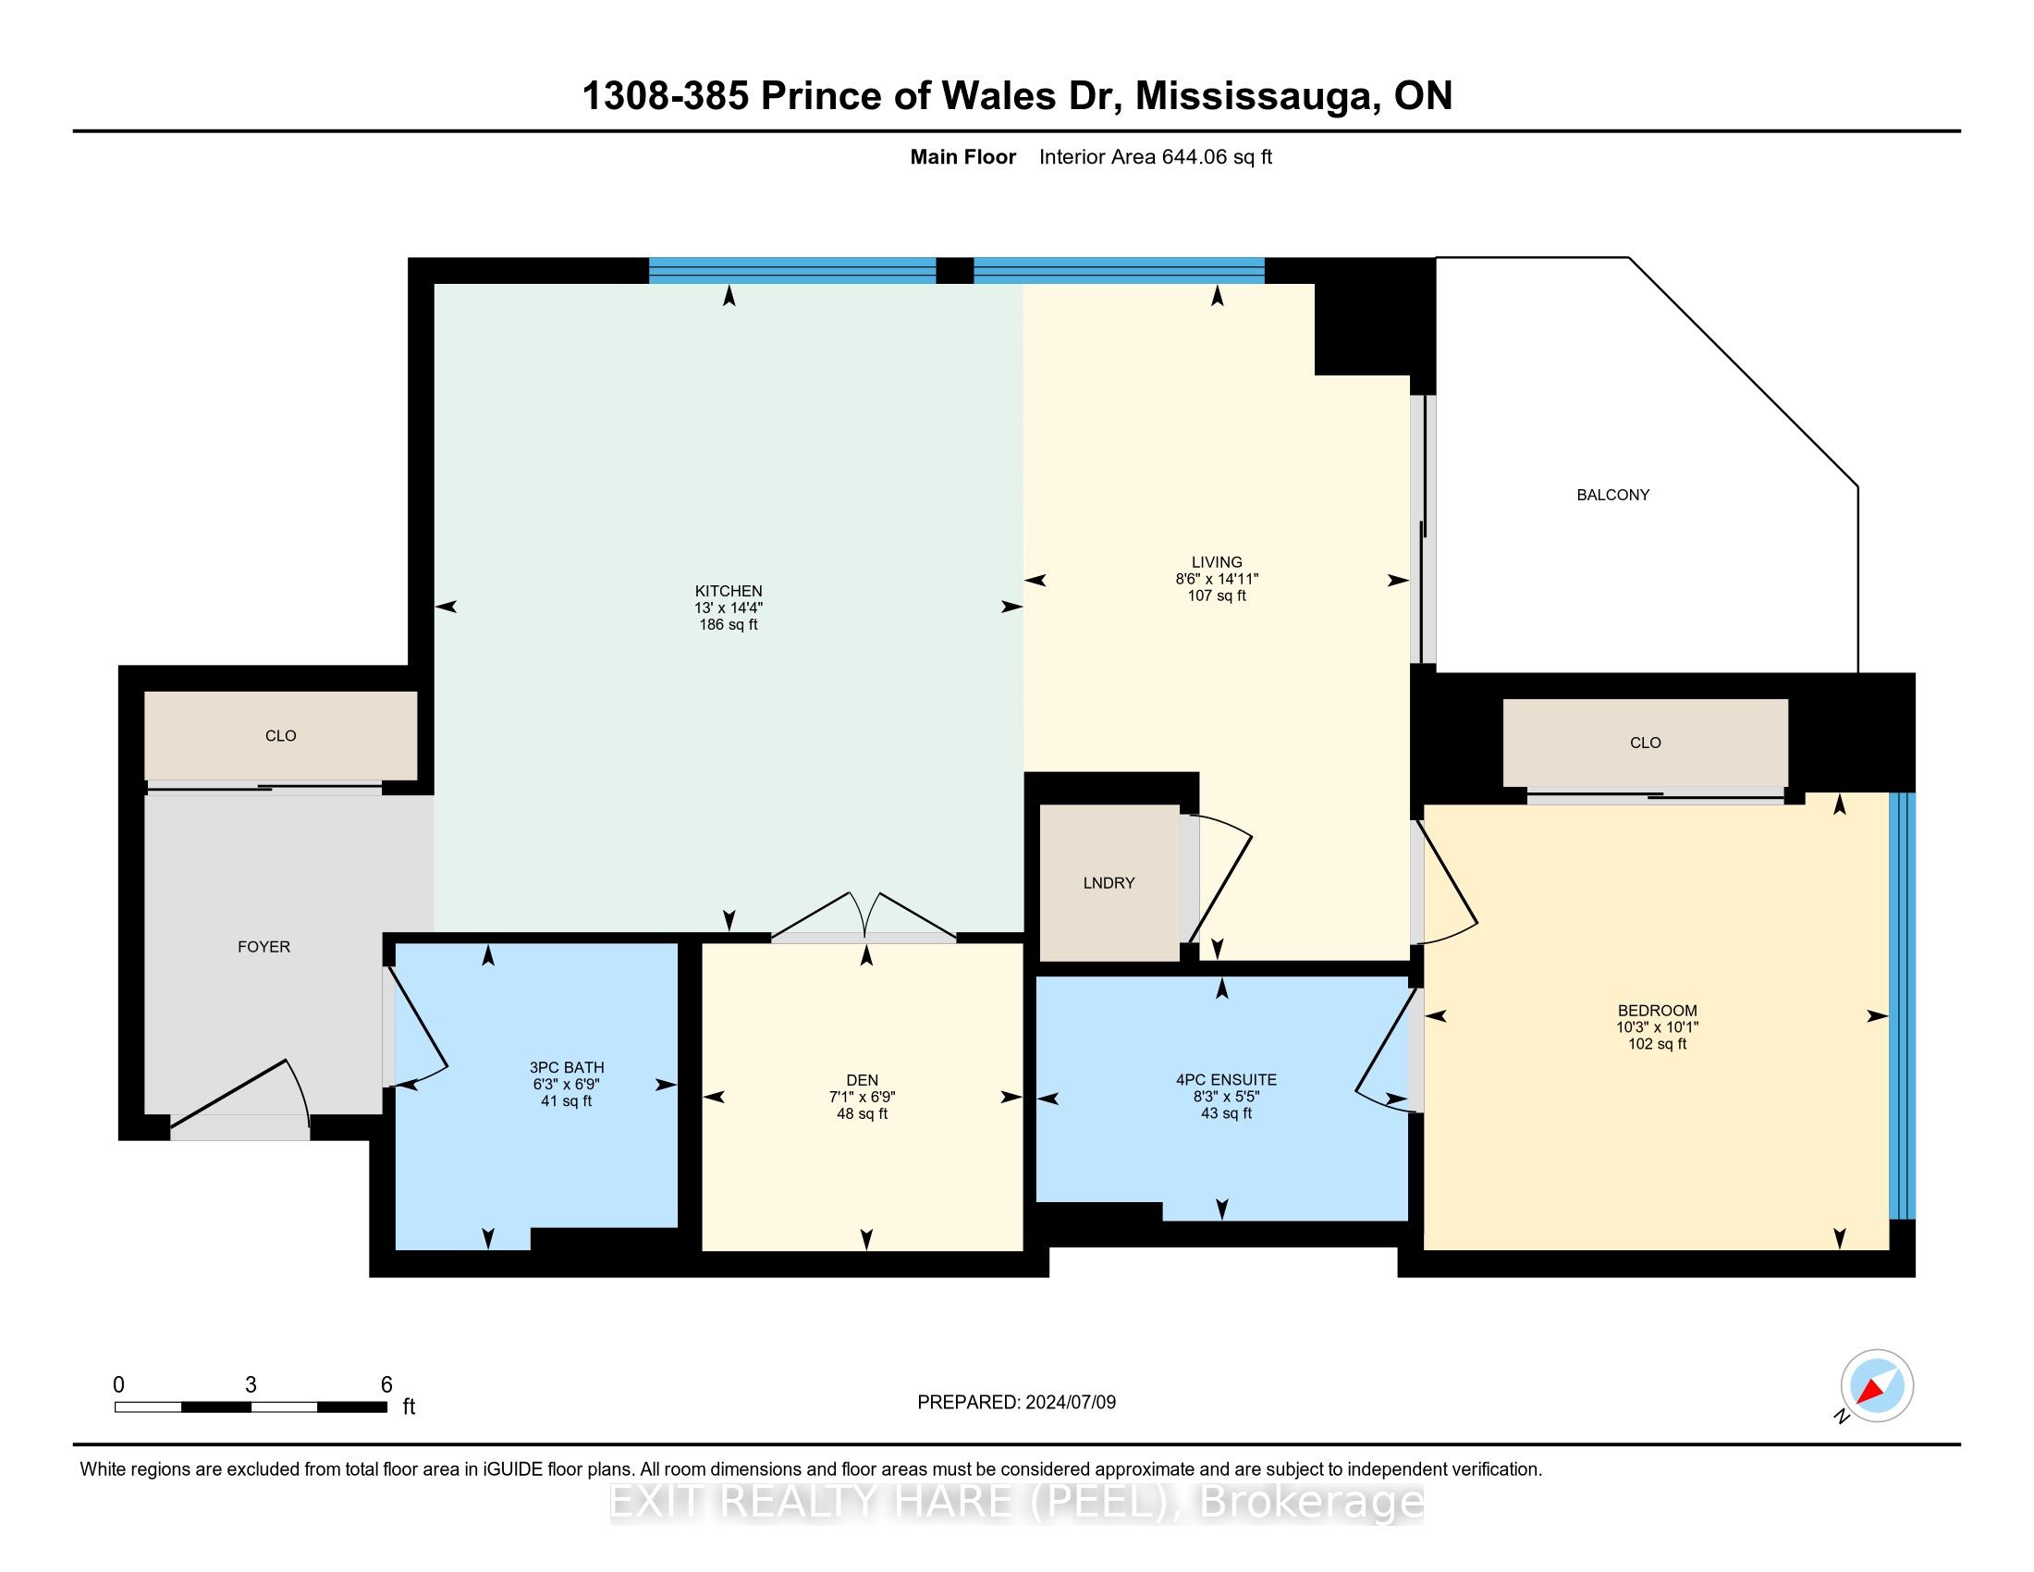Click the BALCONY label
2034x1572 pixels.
coord(1613,496)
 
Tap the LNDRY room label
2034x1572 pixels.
coord(1109,883)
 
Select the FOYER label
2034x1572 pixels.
coord(263,947)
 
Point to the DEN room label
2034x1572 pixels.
coord(863,1080)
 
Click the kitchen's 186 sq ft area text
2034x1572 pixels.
coord(729,625)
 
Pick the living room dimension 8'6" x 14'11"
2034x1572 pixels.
coord(1217,579)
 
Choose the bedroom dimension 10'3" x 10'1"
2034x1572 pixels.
coord(1657,1027)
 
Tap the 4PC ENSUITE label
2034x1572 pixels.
coord(1226,1080)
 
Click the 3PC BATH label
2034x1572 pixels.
coord(566,1068)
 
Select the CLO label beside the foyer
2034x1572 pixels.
coord(280,736)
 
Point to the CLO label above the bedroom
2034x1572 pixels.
coord(1645,743)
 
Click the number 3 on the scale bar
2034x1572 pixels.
coord(251,1385)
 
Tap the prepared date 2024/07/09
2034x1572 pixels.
coord(1069,1403)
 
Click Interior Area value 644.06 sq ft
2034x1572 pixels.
coord(1216,157)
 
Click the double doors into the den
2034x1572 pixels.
coord(864,918)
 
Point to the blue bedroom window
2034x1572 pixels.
coord(1901,1006)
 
